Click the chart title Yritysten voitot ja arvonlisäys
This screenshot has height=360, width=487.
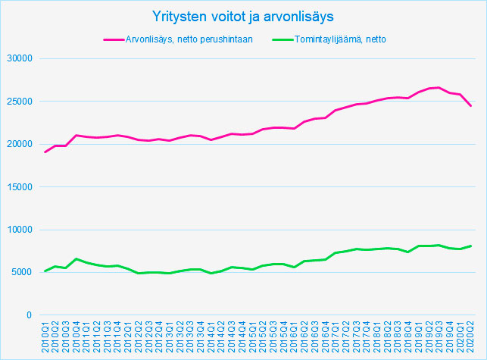tap(242, 15)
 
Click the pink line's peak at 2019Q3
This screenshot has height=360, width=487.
tap(439, 87)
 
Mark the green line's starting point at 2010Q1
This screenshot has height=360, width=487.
tap(45, 271)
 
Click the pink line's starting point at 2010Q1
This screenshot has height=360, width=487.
tap(45, 152)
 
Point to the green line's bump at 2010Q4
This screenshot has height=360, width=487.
tap(76, 259)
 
